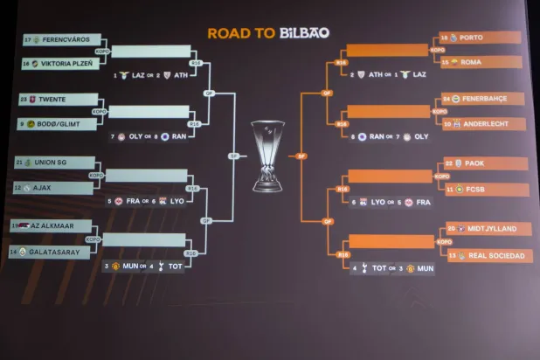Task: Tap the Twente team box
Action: point(57,100)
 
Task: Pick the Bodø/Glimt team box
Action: point(57,124)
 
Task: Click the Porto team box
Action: point(481,38)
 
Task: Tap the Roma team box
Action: point(481,62)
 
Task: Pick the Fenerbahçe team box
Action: point(483,99)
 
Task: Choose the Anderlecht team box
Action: point(483,124)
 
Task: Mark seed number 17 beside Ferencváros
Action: point(28,39)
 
